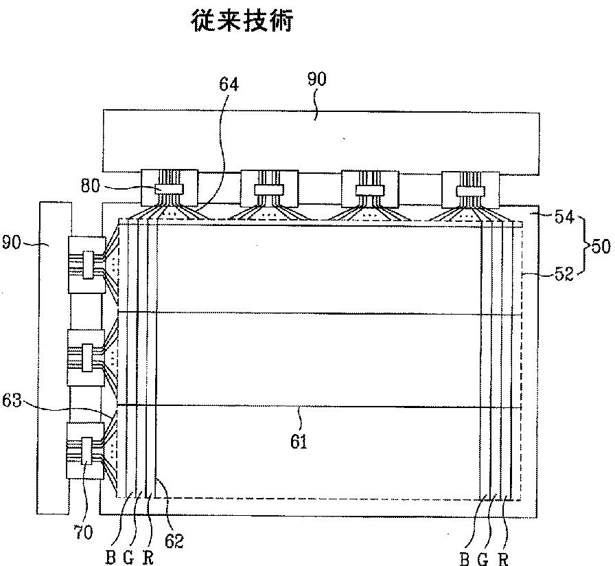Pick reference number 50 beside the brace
click(x=601, y=246)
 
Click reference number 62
click(x=175, y=541)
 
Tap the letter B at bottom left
click(x=110, y=558)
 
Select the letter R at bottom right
click(x=504, y=558)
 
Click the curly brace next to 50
click(x=585, y=246)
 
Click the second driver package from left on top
click(x=269, y=186)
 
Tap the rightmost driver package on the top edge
click(x=470, y=187)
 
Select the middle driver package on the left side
click(x=86, y=357)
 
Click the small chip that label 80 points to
click(x=169, y=188)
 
